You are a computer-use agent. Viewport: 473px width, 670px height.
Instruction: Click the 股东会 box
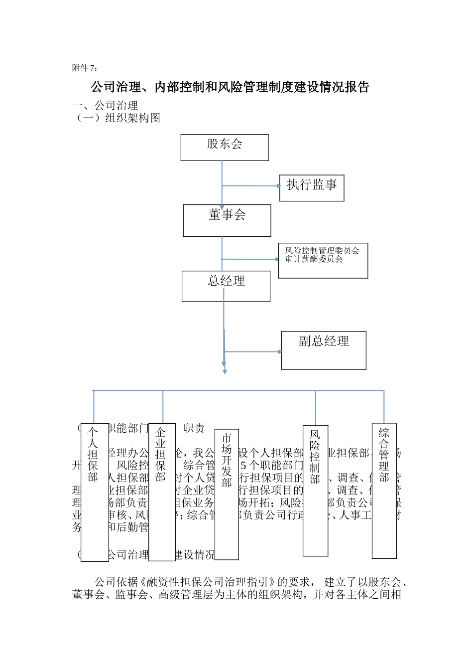[225, 148]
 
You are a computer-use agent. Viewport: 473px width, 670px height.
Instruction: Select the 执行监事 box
[312, 188]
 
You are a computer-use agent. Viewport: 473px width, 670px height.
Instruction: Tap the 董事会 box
[227, 220]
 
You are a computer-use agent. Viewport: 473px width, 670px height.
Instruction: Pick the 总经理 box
[226, 286]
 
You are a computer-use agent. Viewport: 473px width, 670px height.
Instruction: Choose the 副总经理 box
[324, 350]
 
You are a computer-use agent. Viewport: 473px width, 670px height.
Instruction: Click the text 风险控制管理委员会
[322, 251]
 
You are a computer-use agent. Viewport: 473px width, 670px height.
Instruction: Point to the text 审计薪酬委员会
[314, 259]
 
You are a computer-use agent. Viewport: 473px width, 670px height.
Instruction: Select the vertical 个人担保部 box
[95, 492]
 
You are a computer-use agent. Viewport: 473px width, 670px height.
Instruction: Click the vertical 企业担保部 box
[162, 492]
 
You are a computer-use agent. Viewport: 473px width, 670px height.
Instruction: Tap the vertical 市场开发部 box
[227, 494]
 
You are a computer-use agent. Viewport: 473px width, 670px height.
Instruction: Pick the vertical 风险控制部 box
[315, 491]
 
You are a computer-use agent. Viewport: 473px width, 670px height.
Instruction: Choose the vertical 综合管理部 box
[384, 491]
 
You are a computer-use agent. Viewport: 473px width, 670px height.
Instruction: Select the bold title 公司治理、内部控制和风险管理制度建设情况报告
[230, 87]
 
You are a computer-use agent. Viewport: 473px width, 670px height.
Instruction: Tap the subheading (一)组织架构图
[117, 118]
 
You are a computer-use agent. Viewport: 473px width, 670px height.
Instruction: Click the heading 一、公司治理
[105, 106]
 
